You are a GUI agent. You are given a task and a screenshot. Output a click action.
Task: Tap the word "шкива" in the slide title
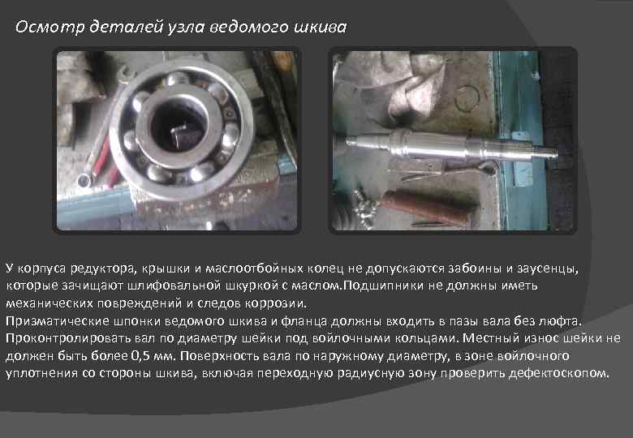pyautogui.click(x=321, y=28)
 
